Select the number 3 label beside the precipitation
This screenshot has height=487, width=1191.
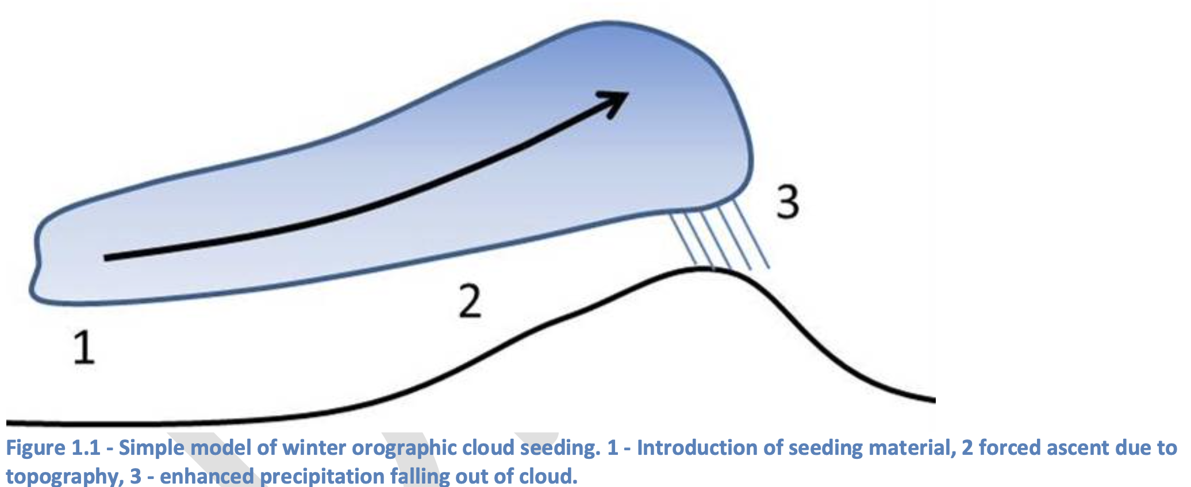(x=787, y=202)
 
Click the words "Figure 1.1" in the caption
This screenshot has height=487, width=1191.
(x=52, y=448)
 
